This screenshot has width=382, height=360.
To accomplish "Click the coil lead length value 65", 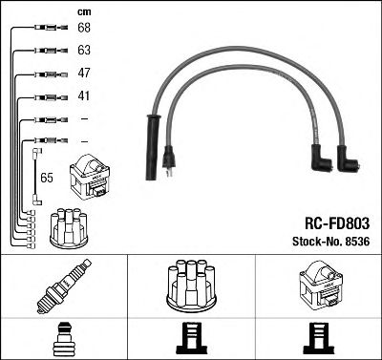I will click(x=47, y=177).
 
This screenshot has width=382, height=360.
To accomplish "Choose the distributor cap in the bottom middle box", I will click(x=191, y=286).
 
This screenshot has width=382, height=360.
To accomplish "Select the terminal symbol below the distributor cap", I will click(x=191, y=339).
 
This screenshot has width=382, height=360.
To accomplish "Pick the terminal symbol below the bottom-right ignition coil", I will click(x=319, y=339).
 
